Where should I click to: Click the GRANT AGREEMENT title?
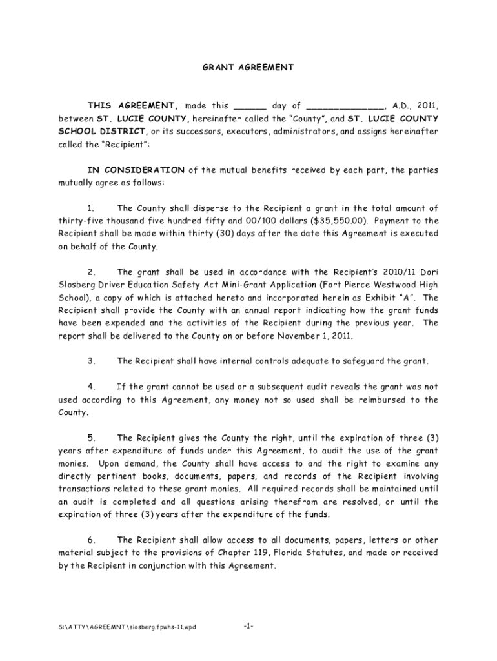(x=248, y=67)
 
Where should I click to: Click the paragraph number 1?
(x=91, y=208)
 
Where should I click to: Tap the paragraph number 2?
(x=91, y=272)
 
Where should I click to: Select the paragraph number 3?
(x=91, y=361)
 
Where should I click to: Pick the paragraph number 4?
(x=91, y=387)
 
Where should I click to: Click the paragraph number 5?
(x=91, y=438)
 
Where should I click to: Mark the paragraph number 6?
(x=91, y=540)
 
